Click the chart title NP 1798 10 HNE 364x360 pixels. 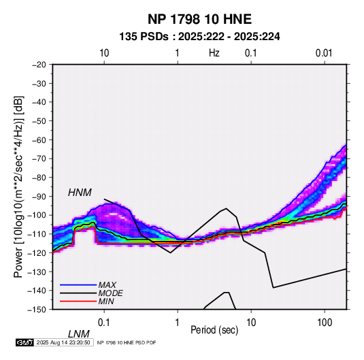199,19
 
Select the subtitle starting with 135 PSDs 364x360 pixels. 199,37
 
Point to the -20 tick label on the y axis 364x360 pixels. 39,65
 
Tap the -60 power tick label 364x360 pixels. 39,140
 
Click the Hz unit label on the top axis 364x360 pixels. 214,53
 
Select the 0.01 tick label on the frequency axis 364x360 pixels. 324,53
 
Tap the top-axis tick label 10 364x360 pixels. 104,53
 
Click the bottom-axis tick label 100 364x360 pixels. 325,322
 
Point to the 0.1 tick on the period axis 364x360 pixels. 104,322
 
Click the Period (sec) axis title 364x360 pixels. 214,330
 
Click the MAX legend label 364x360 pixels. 107,284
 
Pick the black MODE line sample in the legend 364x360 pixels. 78,293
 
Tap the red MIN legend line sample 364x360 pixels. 78,301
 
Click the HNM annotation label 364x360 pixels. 80,193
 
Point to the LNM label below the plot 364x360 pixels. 78,334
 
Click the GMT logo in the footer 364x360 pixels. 24,342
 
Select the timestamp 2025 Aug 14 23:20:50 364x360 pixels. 63,342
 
